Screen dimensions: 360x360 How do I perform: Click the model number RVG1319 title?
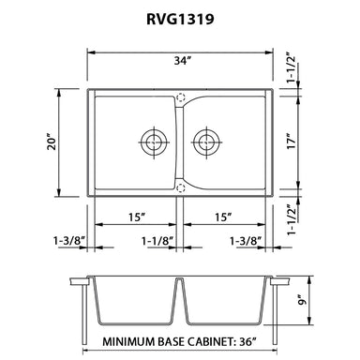pos(180,19)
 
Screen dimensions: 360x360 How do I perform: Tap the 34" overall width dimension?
pos(183,61)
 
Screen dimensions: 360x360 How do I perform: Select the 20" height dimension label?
pos(52,142)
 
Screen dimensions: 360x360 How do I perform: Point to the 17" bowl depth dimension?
pos(292,142)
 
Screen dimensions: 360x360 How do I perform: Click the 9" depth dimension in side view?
pos(302,300)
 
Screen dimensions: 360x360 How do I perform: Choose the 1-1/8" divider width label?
pos(157,241)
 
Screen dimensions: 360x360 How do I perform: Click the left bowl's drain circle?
pos(153,142)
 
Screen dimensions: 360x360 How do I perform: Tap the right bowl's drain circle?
pos(206,142)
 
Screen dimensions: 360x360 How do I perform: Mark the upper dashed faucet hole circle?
pos(181,97)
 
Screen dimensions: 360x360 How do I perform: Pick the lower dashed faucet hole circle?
pos(181,187)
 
